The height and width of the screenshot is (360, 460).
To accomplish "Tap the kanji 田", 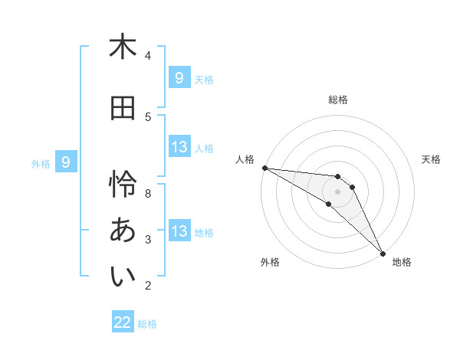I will (123, 108).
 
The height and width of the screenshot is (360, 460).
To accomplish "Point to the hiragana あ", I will (123, 230).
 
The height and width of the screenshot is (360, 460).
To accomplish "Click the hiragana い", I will (123, 277).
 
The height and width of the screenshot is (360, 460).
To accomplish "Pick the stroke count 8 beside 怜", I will (148, 193).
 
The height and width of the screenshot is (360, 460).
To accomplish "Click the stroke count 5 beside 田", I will (148, 116).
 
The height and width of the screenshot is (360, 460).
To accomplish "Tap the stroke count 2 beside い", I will (148, 286).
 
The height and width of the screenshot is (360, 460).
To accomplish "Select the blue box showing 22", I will (123, 322).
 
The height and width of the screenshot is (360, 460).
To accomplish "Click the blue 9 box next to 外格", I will (66, 162).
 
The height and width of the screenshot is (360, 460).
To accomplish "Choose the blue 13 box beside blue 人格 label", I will (179, 147).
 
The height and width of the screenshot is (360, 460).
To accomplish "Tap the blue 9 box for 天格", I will (179, 78).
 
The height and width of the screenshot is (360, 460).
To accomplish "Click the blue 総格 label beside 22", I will (147, 324).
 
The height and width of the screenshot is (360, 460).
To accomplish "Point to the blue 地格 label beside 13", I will (204, 232).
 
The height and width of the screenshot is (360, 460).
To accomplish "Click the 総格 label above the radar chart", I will (338, 100).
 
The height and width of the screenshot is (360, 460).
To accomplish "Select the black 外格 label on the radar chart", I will (270, 262).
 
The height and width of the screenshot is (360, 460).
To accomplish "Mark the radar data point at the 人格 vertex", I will (264, 168).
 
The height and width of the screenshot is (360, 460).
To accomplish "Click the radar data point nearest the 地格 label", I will (381, 253).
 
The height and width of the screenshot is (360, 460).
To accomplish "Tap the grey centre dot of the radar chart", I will (338, 191).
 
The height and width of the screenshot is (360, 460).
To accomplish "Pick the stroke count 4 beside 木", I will (148, 55).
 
